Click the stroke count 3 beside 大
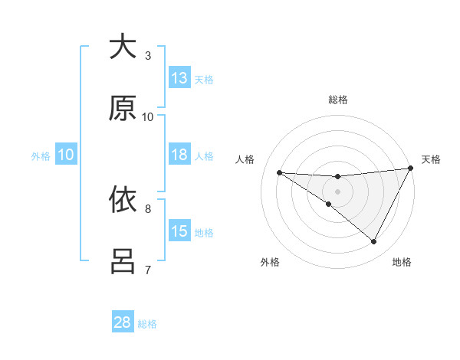(x=148, y=55)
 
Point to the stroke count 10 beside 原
(x=148, y=116)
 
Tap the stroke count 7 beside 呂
(x=148, y=270)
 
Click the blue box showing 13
(x=179, y=78)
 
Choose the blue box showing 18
(x=179, y=155)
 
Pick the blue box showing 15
(x=179, y=231)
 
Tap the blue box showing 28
(x=123, y=322)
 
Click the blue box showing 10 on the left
(x=66, y=155)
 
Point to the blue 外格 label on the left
(x=41, y=155)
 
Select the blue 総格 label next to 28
(x=147, y=323)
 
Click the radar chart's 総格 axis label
(x=337, y=100)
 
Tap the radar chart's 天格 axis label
(x=431, y=159)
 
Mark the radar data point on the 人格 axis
(x=279, y=172)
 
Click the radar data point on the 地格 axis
(x=374, y=242)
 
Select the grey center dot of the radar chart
(x=337, y=191)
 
